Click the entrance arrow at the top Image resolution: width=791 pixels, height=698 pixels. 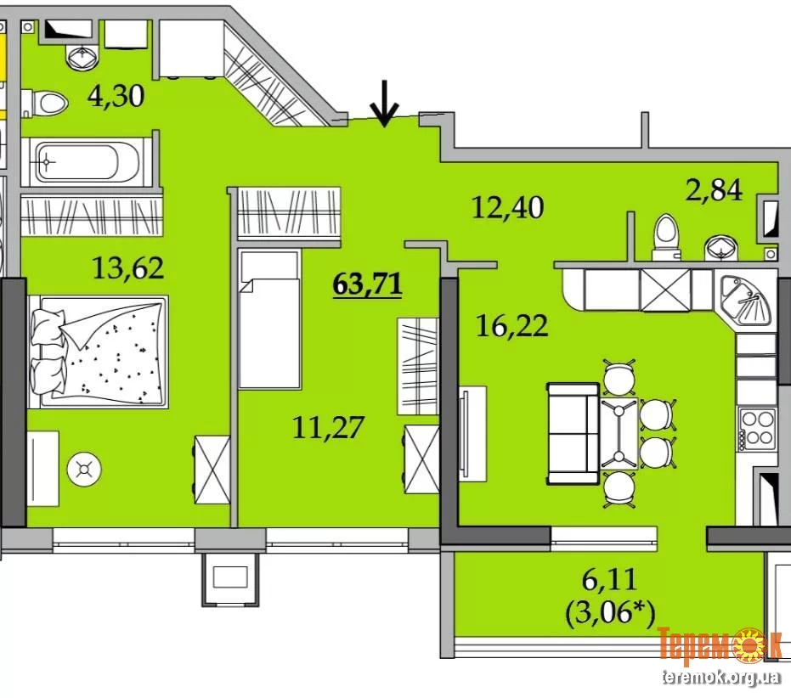(384, 104)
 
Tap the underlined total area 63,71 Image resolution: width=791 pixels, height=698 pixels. (367, 284)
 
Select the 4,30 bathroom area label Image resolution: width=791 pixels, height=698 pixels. (116, 96)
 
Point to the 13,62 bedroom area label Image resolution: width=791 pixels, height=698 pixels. (128, 267)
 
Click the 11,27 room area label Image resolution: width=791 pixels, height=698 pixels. (328, 427)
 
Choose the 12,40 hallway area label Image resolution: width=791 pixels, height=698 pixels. (507, 207)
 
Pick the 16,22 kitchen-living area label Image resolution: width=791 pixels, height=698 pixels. (511, 325)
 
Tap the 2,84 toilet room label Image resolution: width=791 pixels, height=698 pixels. (714, 190)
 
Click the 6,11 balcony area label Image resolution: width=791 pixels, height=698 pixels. (609, 580)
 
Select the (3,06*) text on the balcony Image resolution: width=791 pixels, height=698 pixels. (610, 614)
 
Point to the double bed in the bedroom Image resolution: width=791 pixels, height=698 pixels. (99, 352)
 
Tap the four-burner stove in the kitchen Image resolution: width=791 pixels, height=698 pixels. (756, 429)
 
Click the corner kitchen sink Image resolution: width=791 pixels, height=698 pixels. (746, 301)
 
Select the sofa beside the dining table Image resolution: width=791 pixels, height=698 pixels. (573, 434)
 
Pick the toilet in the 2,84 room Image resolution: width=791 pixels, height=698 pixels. (666, 237)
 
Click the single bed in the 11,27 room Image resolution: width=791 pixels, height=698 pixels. (269, 320)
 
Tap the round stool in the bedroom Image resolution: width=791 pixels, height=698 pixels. (84, 470)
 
